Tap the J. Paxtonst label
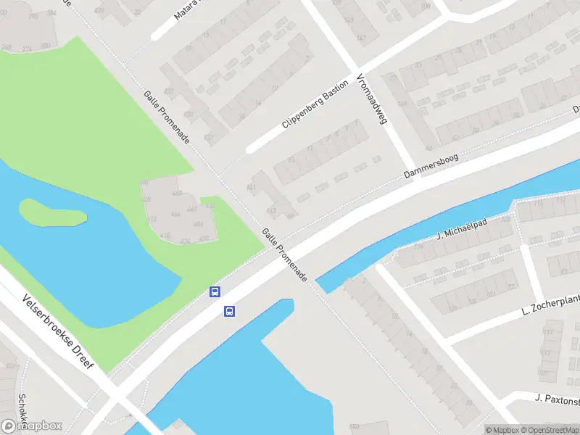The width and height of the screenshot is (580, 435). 558,398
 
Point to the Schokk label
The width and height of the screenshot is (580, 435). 22,410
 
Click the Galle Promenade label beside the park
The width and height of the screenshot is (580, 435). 166,117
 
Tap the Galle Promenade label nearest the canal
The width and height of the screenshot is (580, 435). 285,254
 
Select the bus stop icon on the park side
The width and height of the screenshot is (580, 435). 215,291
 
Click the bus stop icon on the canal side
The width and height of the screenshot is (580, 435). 229,312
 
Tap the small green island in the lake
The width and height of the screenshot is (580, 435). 51,211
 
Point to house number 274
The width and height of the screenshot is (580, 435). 27,49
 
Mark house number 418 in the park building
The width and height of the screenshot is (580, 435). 165,235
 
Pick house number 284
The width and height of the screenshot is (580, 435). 45,45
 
